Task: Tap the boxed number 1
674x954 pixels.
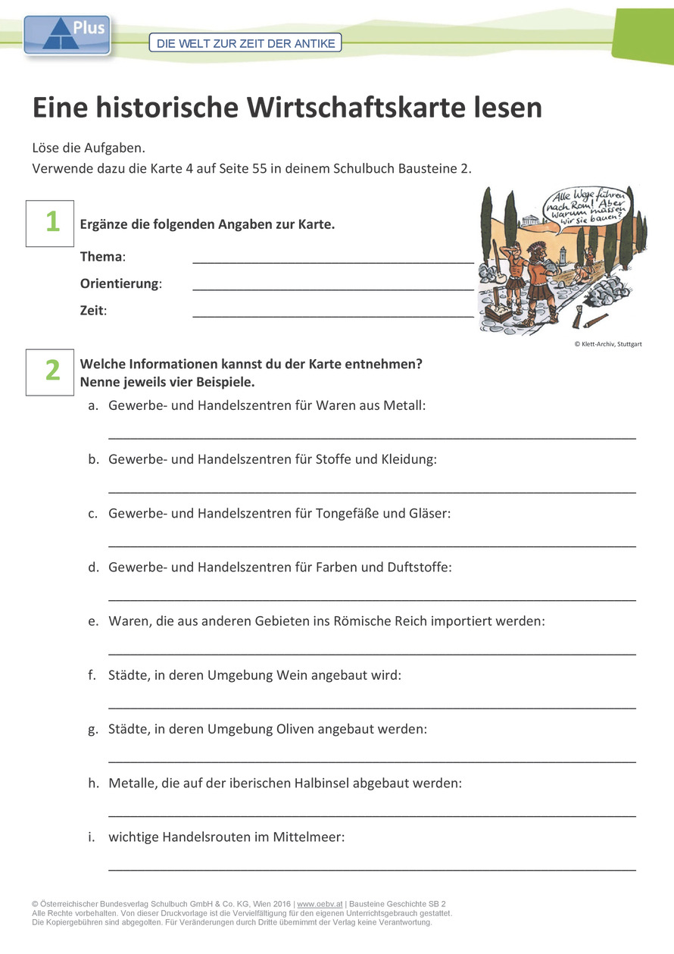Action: point(51,223)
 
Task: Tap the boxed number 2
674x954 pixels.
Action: point(51,371)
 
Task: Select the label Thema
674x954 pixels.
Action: point(101,257)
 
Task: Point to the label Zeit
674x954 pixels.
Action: point(92,310)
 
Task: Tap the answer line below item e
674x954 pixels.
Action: point(372,652)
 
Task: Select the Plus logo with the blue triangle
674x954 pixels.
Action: point(67,35)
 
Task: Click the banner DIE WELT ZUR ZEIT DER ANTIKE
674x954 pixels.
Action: point(245,43)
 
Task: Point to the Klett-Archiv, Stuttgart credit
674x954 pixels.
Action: point(607,343)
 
